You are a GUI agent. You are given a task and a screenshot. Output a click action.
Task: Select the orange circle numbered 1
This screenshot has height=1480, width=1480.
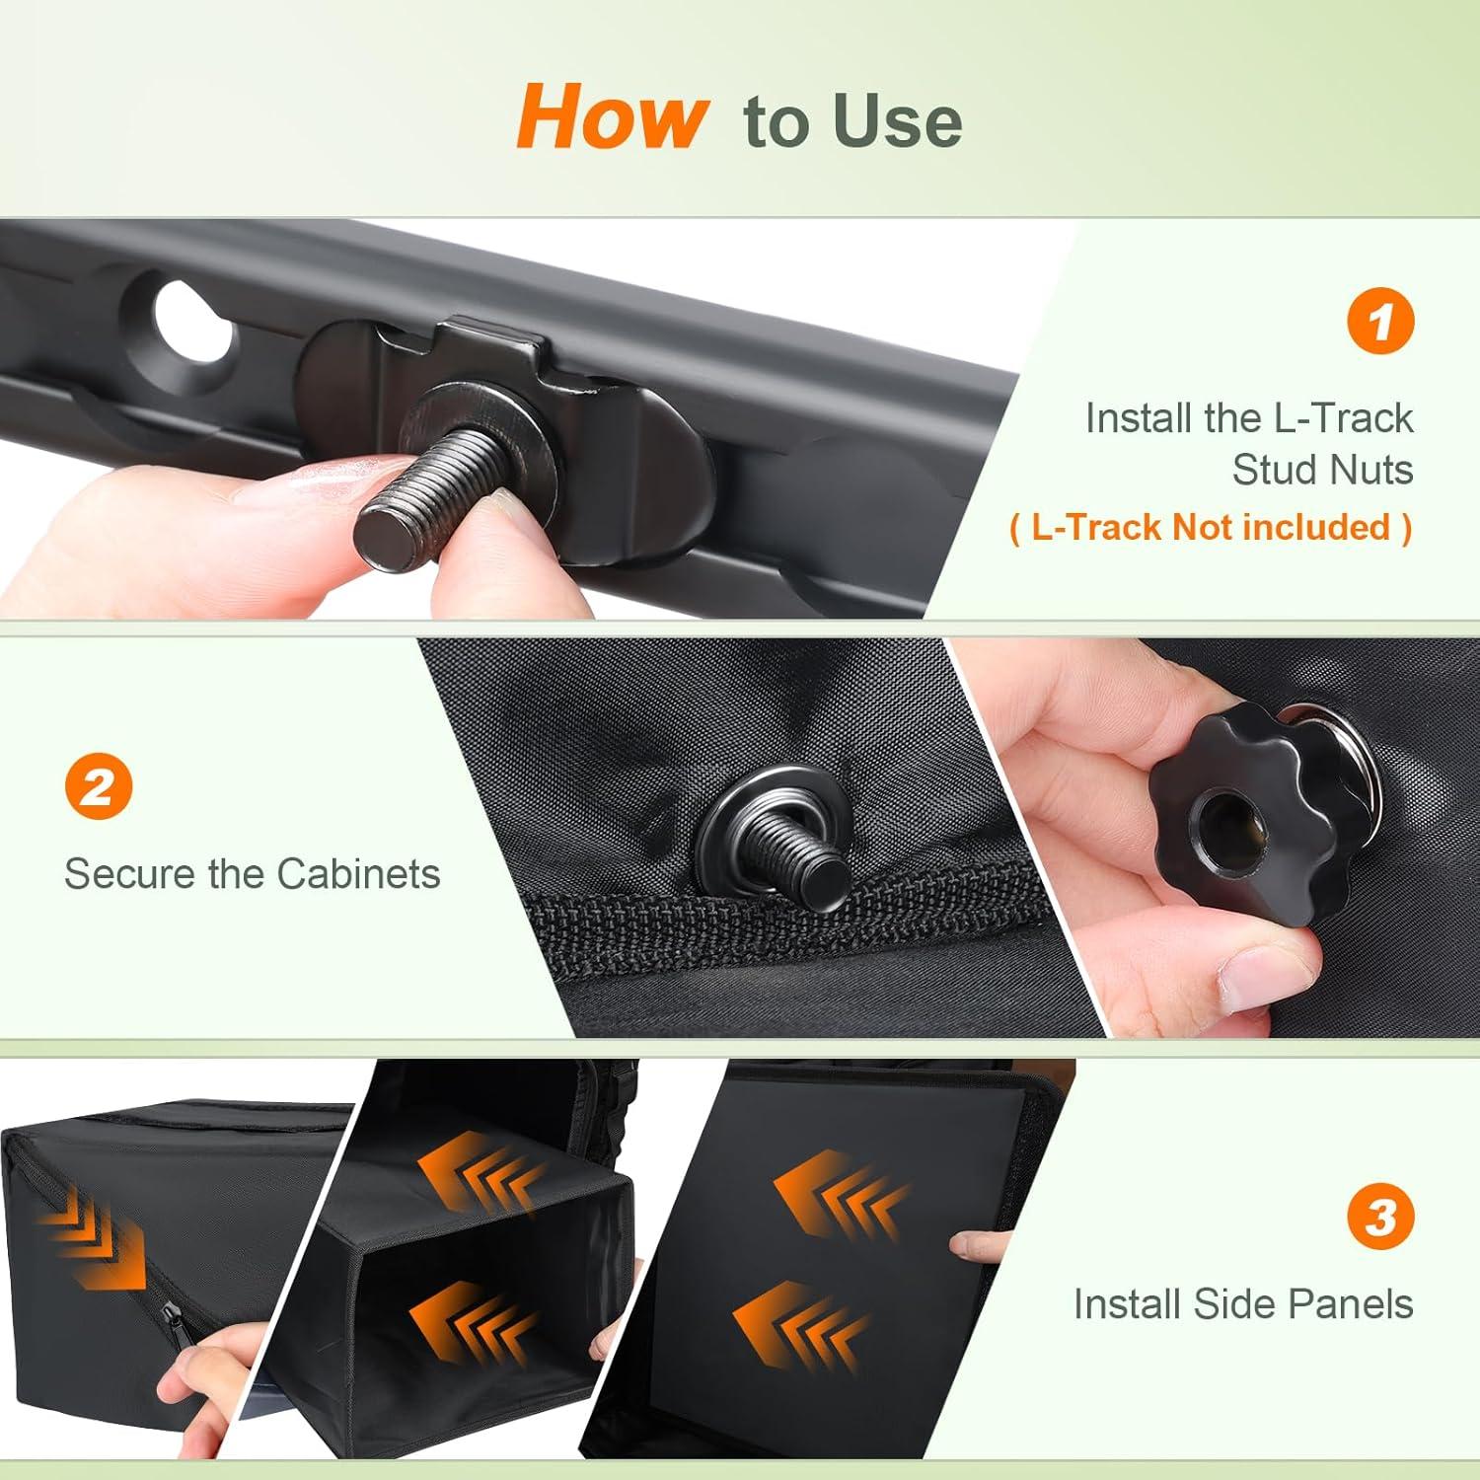(1380, 321)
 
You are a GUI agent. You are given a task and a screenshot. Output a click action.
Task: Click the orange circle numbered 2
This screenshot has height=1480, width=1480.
(99, 786)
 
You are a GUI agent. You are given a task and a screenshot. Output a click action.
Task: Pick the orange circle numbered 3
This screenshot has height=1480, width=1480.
(1380, 1217)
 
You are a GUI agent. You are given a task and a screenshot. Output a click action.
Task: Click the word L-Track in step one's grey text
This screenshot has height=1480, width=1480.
(1343, 417)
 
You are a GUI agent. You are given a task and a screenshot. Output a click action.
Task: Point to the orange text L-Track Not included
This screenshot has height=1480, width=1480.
(1211, 527)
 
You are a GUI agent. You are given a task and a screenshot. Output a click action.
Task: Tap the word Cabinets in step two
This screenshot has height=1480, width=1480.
(358, 873)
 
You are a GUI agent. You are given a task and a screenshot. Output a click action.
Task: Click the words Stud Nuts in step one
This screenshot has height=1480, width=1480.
(1322, 470)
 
